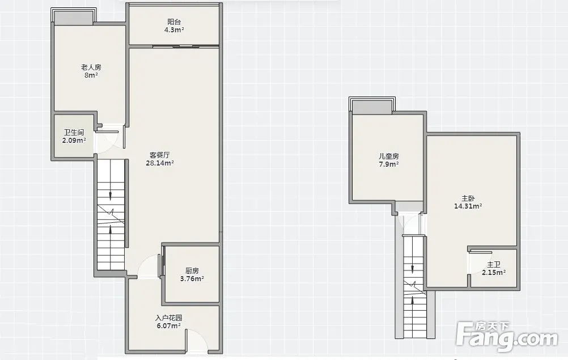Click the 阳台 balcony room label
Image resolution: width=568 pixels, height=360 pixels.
pyautogui.click(x=174, y=22)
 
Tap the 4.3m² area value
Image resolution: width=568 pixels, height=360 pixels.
pyautogui.click(x=174, y=30)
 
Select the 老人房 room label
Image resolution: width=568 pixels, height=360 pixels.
pyautogui.click(x=91, y=67)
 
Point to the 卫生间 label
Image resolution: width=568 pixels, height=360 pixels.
pyautogui.click(x=74, y=133)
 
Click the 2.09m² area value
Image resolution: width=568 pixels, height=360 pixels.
pyautogui.click(x=74, y=141)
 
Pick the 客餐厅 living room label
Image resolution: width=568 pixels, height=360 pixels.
pyautogui.click(x=160, y=155)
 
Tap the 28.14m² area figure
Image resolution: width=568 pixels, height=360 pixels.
pyautogui.click(x=160, y=163)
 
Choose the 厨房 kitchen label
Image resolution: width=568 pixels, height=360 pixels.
pyautogui.click(x=192, y=271)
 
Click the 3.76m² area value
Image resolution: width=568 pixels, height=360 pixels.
pyautogui.click(x=192, y=279)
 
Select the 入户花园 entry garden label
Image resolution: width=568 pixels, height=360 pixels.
pyautogui.click(x=169, y=318)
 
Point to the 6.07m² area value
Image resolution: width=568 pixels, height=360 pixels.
pyautogui.click(x=169, y=326)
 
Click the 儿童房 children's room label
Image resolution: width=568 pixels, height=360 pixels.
pyautogui.click(x=389, y=156)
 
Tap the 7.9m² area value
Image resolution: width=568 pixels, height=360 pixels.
pyautogui.click(x=389, y=164)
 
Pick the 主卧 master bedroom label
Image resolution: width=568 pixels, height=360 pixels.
pyautogui.click(x=468, y=198)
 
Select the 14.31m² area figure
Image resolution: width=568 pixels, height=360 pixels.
pyautogui.click(x=468, y=206)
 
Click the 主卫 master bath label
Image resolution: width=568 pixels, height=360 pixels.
pyautogui.click(x=494, y=265)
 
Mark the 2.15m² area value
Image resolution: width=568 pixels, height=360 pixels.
pyautogui.click(x=494, y=273)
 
